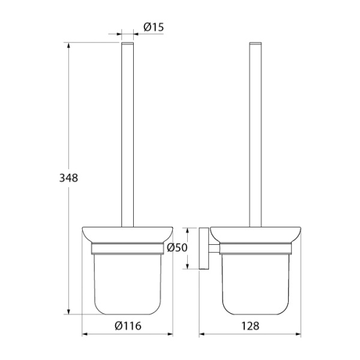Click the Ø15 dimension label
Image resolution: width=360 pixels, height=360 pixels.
[x=154, y=27]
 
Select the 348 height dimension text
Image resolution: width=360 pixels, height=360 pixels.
[x=68, y=178]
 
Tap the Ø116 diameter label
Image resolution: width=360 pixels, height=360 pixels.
[x=128, y=326]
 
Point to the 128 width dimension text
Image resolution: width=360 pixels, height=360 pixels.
[x=250, y=326]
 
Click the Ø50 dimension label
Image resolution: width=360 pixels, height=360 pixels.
[x=177, y=247]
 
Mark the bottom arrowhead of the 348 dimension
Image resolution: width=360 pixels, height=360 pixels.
[x=68, y=311]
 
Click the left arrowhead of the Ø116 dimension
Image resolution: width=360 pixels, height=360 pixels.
[x=85, y=334]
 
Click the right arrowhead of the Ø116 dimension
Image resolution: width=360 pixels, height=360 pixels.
[x=170, y=334]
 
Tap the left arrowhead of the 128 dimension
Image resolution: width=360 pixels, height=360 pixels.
[x=202, y=334]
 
